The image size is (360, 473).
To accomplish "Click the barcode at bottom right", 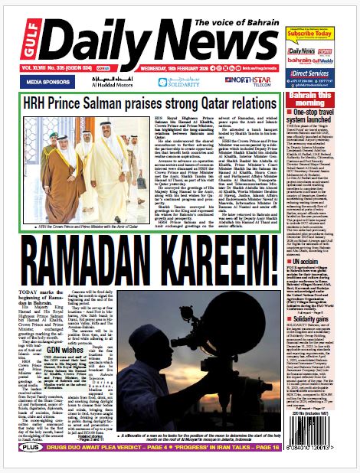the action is click(326, 445).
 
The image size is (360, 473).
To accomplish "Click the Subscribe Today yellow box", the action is click(326, 34).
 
